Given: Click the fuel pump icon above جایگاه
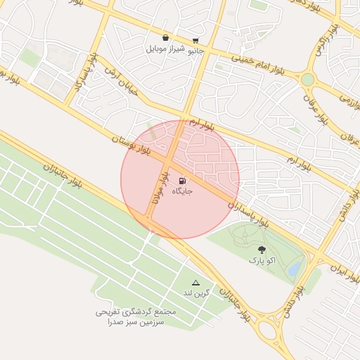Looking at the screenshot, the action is [x=184, y=180].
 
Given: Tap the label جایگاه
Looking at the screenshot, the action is [x=181, y=191].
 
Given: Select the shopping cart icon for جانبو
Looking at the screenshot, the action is [x=195, y=40].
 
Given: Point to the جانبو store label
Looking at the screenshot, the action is [x=194, y=50].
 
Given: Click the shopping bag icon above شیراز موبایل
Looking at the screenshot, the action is [x=165, y=38].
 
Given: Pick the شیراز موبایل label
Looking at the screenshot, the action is [x=165, y=49].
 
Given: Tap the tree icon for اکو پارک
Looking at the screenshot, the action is [x=262, y=249].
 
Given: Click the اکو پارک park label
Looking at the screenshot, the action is [x=262, y=260].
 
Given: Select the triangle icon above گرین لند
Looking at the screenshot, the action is [x=195, y=282].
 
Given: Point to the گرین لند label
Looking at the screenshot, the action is [x=196, y=292].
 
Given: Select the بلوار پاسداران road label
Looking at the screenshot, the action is [x=249, y=212].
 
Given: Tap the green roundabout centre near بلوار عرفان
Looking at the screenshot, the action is [x=308, y=79].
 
